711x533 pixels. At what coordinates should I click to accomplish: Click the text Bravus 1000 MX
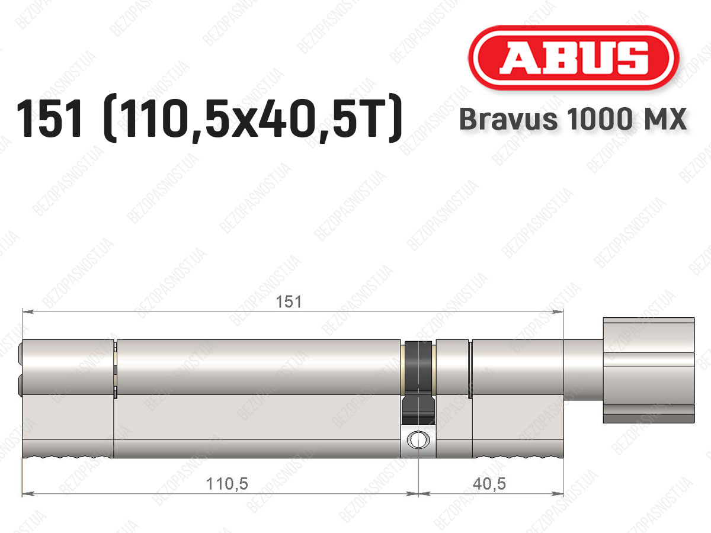(x=573, y=119)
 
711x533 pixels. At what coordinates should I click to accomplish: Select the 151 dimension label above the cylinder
(x=289, y=302)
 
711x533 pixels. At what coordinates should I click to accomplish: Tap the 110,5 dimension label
(x=227, y=484)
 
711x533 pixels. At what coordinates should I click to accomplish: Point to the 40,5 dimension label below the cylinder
(x=489, y=484)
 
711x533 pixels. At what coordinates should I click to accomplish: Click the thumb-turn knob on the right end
(x=648, y=370)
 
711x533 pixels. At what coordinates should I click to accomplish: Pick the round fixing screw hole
(x=418, y=440)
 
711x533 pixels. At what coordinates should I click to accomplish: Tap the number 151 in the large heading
(x=49, y=118)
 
